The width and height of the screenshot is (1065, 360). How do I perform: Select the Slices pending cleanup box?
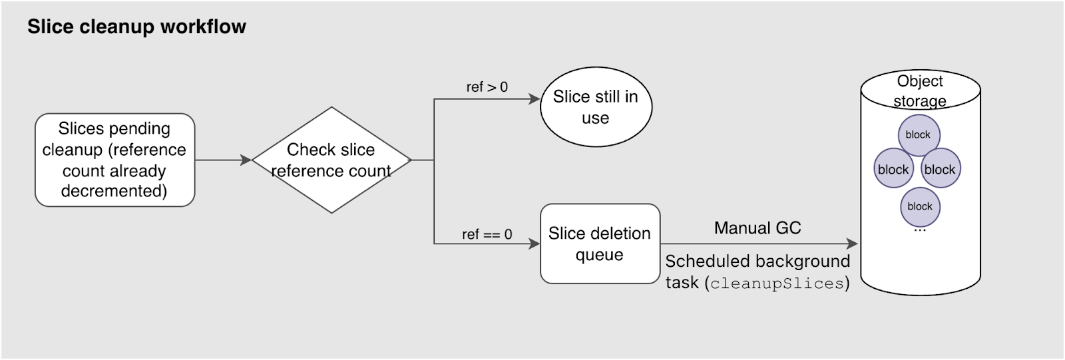[x=114, y=160]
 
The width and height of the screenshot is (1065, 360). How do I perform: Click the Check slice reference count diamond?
[x=331, y=160]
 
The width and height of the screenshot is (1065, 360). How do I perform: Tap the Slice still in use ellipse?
[x=595, y=106]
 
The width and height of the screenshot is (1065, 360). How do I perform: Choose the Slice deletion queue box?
[x=599, y=244]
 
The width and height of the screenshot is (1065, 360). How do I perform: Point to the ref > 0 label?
[x=487, y=87]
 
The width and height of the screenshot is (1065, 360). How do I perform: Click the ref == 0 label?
[x=487, y=234]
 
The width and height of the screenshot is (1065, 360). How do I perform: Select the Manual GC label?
[x=757, y=228]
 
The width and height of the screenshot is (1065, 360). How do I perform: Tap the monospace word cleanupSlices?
[x=777, y=283]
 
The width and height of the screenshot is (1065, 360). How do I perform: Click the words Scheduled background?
[x=757, y=261]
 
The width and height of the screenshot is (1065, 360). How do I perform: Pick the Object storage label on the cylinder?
[x=919, y=90]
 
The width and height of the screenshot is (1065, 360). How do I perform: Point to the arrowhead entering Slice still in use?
[x=534, y=99]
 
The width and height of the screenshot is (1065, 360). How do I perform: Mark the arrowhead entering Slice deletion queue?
[x=534, y=244]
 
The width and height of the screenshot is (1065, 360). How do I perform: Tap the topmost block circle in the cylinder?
[x=918, y=134]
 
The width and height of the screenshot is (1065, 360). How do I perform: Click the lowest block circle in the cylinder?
[x=919, y=206]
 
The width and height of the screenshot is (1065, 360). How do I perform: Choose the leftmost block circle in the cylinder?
[x=893, y=169]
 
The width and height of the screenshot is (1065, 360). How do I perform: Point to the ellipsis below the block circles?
[x=919, y=230]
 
